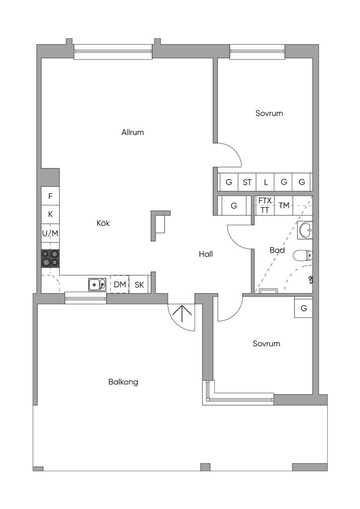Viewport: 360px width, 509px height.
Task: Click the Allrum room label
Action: (132, 132)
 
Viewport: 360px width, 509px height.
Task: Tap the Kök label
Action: (103, 223)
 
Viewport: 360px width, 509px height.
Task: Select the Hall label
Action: (206, 254)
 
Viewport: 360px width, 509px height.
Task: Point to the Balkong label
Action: (123, 382)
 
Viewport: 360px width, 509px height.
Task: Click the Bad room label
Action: (277, 250)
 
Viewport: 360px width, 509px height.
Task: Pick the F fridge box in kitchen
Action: (50, 196)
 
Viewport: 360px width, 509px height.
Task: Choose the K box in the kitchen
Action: (50, 214)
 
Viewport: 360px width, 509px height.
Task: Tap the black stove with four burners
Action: (50, 258)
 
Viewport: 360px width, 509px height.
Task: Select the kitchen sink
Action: (97, 284)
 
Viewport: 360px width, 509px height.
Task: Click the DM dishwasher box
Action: (119, 284)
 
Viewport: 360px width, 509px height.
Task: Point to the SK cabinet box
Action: (139, 284)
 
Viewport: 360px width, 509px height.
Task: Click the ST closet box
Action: (247, 182)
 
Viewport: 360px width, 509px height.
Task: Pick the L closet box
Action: (266, 182)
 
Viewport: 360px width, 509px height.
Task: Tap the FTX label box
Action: (265, 200)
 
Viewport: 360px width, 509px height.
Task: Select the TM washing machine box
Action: (284, 205)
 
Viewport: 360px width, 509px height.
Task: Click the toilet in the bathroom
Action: (302, 255)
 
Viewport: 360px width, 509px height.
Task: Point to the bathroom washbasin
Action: (305, 229)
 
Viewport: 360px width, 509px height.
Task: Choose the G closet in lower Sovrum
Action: (303, 308)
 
